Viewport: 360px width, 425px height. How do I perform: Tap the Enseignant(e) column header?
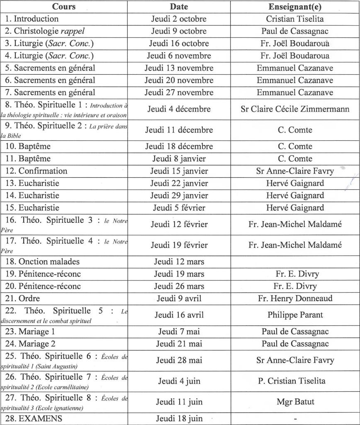(x=295, y=7)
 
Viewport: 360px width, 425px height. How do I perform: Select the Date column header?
(x=179, y=7)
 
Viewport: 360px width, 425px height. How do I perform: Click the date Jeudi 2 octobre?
(x=179, y=19)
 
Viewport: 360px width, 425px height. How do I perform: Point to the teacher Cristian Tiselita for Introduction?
(x=295, y=19)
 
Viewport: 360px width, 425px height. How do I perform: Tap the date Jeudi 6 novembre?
(x=179, y=56)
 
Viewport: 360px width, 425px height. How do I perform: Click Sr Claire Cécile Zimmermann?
(x=295, y=109)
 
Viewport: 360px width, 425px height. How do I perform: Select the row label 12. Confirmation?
(x=36, y=171)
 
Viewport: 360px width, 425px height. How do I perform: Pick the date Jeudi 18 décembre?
(x=179, y=147)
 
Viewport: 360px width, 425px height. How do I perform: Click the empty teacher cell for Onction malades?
(x=295, y=262)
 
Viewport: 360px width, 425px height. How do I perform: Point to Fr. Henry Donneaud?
(x=295, y=298)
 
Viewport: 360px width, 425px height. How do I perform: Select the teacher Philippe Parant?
(x=295, y=315)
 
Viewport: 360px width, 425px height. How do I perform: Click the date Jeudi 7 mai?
(x=179, y=332)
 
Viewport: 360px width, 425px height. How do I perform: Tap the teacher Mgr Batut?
(x=295, y=402)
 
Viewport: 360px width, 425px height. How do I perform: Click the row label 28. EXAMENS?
(x=34, y=418)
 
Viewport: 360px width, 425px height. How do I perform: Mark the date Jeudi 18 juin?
(x=179, y=418)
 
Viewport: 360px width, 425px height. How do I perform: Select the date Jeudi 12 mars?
(x=179, y=262)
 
